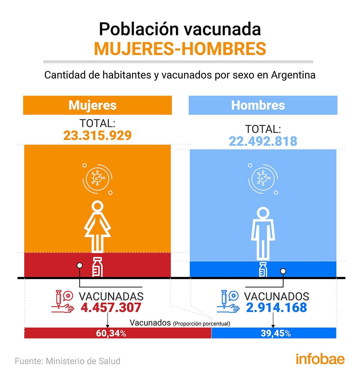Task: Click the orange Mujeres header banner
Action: [97, 105]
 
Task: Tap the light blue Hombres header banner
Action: [263, 105]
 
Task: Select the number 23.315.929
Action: [97, 136]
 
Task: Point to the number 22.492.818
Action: [263, 141]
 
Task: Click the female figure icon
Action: [97, 226]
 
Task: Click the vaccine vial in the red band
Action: [97, 267]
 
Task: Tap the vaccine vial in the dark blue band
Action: [263, 269]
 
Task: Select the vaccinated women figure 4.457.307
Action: [111, 308]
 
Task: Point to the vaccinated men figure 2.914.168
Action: [276, 308]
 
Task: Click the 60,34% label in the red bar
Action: [111, 333]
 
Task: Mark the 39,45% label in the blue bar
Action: [275, 333]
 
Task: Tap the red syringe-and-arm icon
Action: [63, 302]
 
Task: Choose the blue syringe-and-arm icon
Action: [228, 302]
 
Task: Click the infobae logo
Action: [320, 359]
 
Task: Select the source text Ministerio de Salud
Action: [83, 361]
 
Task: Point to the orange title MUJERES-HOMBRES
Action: [180, 49]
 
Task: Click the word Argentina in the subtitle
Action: [293, 75]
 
